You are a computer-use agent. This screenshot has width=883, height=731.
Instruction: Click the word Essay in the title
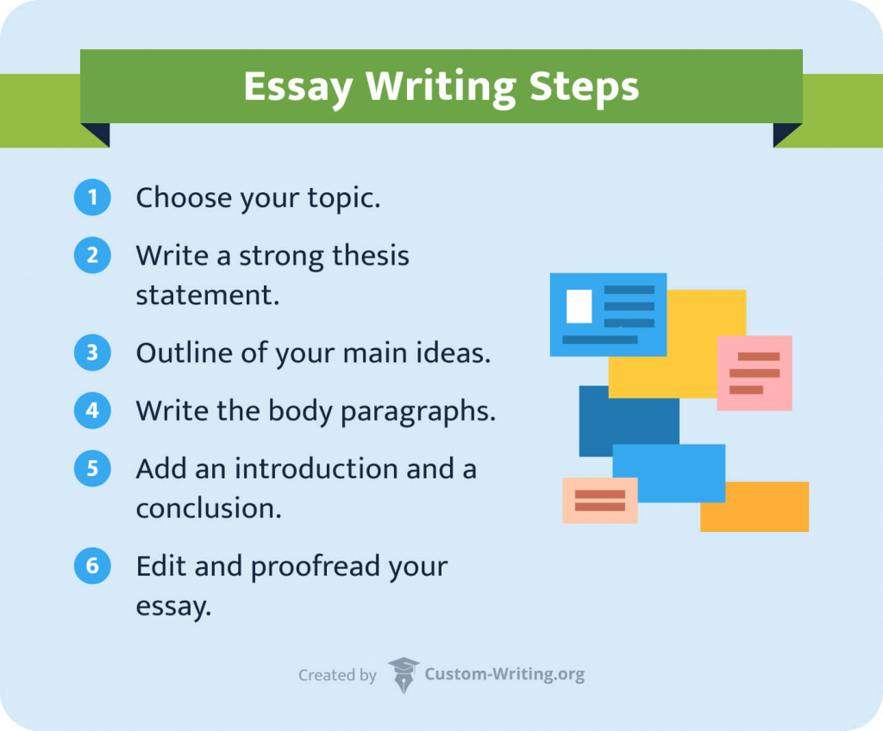[297, 87]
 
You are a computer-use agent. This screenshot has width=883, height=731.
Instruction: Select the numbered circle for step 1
[92, 197]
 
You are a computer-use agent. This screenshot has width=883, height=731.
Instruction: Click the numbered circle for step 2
[92, 256]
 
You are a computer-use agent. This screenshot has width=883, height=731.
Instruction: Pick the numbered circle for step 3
[92, 353]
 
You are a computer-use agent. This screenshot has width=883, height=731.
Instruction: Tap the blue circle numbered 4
[92, 410]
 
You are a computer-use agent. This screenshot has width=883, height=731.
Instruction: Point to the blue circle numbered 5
[92, 468]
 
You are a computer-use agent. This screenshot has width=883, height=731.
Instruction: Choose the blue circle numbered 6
[92, 566]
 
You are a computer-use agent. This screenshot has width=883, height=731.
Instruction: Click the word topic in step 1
[346, 198]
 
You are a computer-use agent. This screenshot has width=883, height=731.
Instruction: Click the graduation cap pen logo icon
[403, 675]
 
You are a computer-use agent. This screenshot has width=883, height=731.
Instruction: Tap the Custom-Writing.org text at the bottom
[504, 675]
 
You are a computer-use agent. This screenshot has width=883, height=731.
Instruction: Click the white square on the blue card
[579, 306]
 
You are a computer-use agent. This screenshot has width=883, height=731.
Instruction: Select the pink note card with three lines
[755, 372]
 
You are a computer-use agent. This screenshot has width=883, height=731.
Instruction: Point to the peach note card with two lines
[599, 500]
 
